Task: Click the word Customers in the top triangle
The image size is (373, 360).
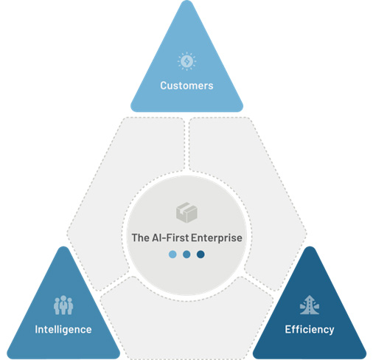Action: pyautogui.click(x=186, y=86)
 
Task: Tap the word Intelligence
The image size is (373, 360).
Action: pyautogui.click(x=63, y=330)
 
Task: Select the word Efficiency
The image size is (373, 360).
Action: pyautogui.click(x=310, y=330)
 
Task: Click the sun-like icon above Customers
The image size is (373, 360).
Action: pyautogui.click(x=186, y=61)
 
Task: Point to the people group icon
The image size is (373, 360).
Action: pyautogui.click(x=63, y=305)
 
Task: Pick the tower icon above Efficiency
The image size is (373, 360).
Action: pyautogui.click(x=310, y=305)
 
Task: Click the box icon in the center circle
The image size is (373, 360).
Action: pyautogui.click(x=186, y=212)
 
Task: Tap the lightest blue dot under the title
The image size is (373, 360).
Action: pyautogui.click(x=172, y=255)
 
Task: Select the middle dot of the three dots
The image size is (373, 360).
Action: pyautogui.click(x=186, y=255)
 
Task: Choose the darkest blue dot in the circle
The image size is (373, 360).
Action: pyautogui.click(x=201, y=255)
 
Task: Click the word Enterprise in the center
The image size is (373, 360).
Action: pyautogui.click(x=217, y=238)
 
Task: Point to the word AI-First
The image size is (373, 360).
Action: pyautogui.click(x=170, y=238)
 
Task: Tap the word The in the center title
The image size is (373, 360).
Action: pyautogui.click(x=140, y=238)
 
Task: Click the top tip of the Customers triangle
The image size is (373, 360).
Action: pyautogui.click(x=186, y=1)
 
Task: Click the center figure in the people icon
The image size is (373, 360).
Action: pyautogui.click(x=63, y=305)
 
